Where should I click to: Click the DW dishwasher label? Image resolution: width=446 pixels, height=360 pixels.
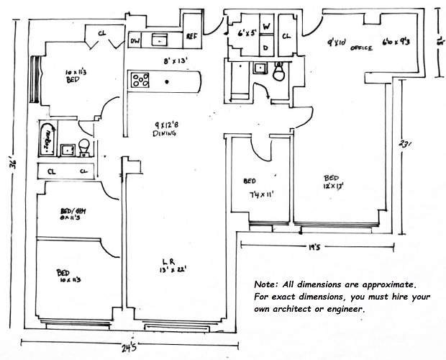tap(135, 40)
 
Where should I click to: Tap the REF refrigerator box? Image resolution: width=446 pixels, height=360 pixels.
tap(192, 36)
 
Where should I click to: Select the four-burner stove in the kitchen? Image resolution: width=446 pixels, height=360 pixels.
tap(139, 80)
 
